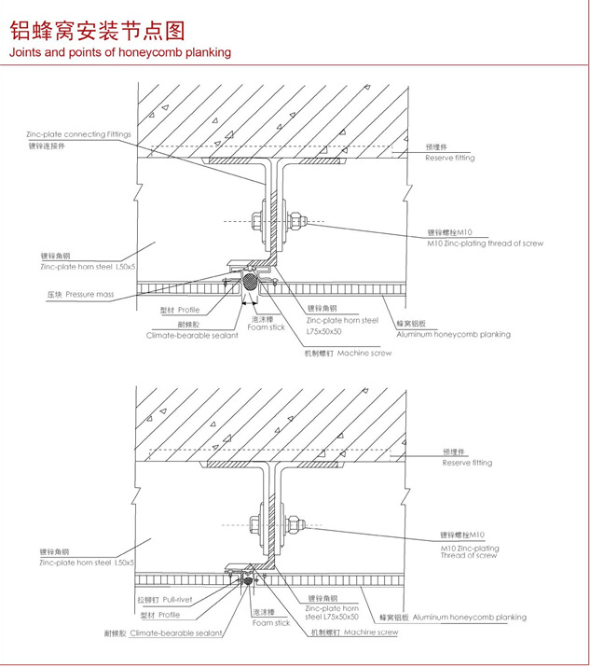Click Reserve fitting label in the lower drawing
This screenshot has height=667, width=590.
click(x=467, y=463)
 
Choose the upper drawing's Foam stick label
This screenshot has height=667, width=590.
click(x=267, y=327)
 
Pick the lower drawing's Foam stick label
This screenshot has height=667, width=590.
click(x=270, y=622)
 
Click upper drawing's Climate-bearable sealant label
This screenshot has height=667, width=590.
click(x=192, y=334)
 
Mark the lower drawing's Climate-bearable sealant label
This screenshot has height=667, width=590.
click(x=176, y=632)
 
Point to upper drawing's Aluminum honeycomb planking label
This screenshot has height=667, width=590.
click(x=453, y=334)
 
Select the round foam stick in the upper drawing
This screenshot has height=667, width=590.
click(x=250, y=281)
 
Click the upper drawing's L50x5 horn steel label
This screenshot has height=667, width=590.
click(x=88, y=267)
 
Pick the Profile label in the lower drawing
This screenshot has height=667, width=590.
click(x=169, y=616)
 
